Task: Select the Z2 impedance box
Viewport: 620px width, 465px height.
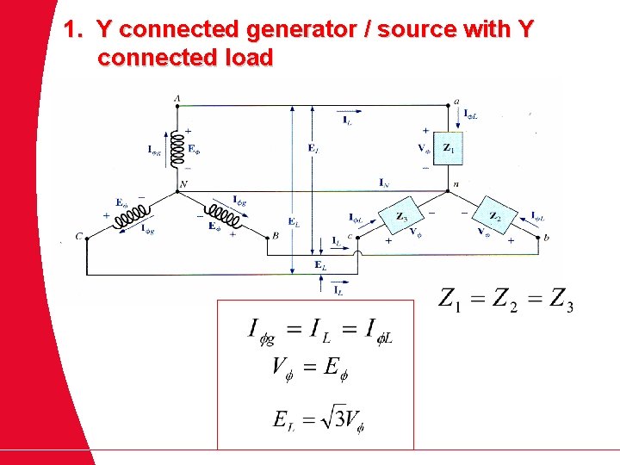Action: [494, 217]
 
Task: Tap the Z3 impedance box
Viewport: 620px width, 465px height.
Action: [402, 217]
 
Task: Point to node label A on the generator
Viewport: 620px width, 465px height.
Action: [177, 99]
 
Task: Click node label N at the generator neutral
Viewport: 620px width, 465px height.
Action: [183, 184]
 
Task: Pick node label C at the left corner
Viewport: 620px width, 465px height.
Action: [79, 236]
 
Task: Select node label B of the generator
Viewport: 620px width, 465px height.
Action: [275, 235]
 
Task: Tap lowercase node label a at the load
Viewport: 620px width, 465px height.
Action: [456, 101]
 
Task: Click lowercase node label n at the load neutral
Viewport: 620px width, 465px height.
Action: [456, 184]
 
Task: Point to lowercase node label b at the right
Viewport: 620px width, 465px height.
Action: [546, 237]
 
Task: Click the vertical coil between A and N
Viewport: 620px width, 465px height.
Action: [177, 148]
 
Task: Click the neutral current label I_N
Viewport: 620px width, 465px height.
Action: [383, 182]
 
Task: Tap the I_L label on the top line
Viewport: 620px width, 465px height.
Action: [346, 121]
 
